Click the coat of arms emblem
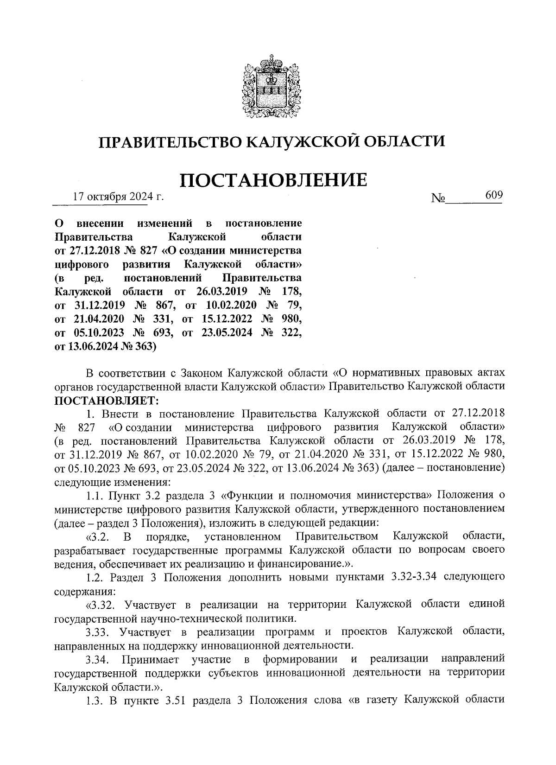click(271, 87)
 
